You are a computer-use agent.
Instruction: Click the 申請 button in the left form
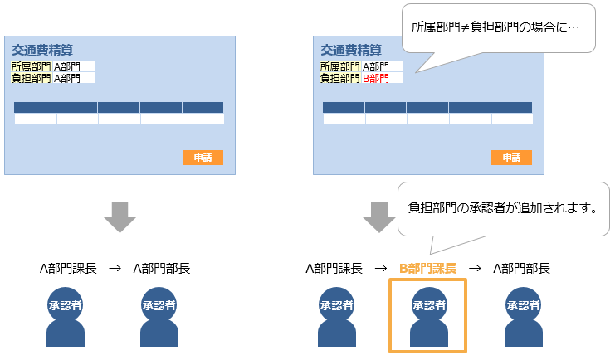[x=203, y=158]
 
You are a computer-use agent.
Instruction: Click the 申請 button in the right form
[x=511, y=158]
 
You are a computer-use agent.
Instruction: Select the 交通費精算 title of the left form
[x=41, y=50]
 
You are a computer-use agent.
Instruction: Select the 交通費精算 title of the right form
[x=350, y=50]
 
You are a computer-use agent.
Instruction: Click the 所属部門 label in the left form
[x=32, y=66]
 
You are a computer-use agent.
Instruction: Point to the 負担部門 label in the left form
[x=32, y=79]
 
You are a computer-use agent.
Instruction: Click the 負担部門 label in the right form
[x=340, y=79]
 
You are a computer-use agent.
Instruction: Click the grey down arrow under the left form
[x=120, y=217]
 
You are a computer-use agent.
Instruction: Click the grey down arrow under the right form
[x=379, y=217]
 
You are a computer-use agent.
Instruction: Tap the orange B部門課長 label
[x=428, y=268]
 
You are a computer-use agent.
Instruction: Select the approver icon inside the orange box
[x=428, y=315]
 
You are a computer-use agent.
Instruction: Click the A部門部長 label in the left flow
[x=162, y=268]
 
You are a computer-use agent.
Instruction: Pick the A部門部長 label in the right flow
[x=521, y=268]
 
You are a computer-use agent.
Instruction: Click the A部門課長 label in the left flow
[x=69, y=268]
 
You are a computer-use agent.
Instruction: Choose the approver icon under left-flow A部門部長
[x=159, y=315]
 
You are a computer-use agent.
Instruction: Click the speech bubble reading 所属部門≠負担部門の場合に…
[x=496, y=27]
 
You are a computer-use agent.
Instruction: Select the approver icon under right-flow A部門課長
[x=336, y=315]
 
